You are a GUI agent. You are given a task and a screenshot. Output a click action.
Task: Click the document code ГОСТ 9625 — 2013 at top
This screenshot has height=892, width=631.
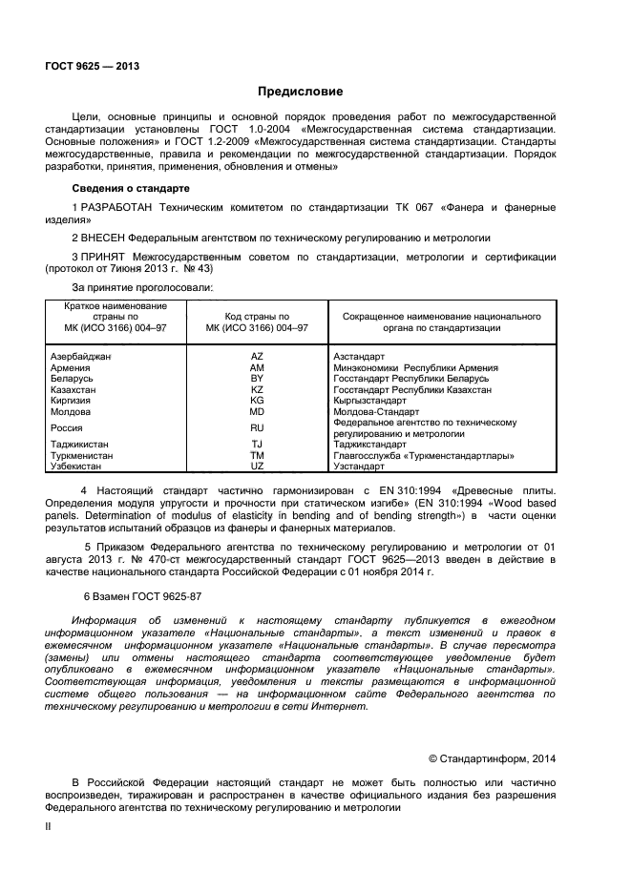[93, 67]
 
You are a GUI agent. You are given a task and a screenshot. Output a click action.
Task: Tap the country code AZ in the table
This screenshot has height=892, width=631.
[257, 356]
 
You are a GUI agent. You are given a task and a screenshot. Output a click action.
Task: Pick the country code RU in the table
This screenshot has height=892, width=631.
[257, 428]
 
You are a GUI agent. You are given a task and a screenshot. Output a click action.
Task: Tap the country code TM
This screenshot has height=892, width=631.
[257, 455]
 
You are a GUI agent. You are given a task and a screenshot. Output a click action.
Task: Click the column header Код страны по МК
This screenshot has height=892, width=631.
[257, 322]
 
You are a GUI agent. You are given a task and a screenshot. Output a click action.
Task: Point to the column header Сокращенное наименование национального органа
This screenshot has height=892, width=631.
[436, 322]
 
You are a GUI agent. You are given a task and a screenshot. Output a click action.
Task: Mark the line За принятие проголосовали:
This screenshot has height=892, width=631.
[142, 286]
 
